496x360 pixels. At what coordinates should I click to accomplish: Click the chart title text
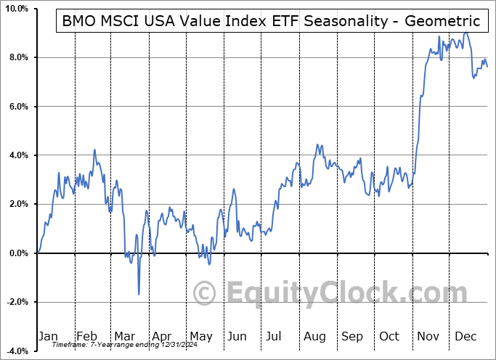271,22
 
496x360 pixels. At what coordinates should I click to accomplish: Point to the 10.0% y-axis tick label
15,9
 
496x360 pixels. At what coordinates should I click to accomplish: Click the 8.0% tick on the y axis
17,57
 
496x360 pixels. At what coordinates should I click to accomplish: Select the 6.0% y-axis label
17,107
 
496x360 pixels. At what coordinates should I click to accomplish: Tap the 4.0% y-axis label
17,155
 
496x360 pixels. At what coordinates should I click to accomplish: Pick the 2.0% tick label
17,204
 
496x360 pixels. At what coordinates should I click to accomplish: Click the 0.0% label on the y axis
17,253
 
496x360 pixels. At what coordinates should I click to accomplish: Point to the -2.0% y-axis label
16,302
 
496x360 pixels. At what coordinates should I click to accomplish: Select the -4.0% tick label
16,351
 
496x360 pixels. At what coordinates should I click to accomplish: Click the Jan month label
47,337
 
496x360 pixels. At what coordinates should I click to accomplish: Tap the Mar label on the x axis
123,337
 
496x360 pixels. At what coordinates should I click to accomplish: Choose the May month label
200,337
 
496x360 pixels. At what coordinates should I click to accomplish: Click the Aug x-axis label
315,337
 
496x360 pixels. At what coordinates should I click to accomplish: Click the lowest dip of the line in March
139,294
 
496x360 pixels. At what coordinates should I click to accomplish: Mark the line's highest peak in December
465,33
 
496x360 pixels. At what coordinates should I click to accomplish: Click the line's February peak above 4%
94,150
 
